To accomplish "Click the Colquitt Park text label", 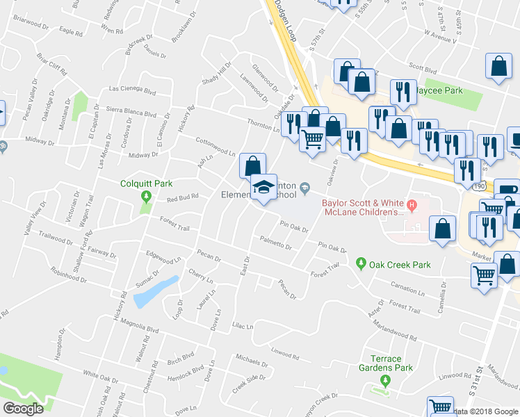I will [x=145, y=184].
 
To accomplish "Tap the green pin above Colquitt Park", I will [x=145, y=197].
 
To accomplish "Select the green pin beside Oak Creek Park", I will [x=360, y=263].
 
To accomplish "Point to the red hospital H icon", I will [x=412, y=204].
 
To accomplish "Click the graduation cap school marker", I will [x=263, y=187].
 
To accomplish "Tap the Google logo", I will [x=23, y=409].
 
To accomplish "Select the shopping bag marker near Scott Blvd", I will [x=499, y=67].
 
